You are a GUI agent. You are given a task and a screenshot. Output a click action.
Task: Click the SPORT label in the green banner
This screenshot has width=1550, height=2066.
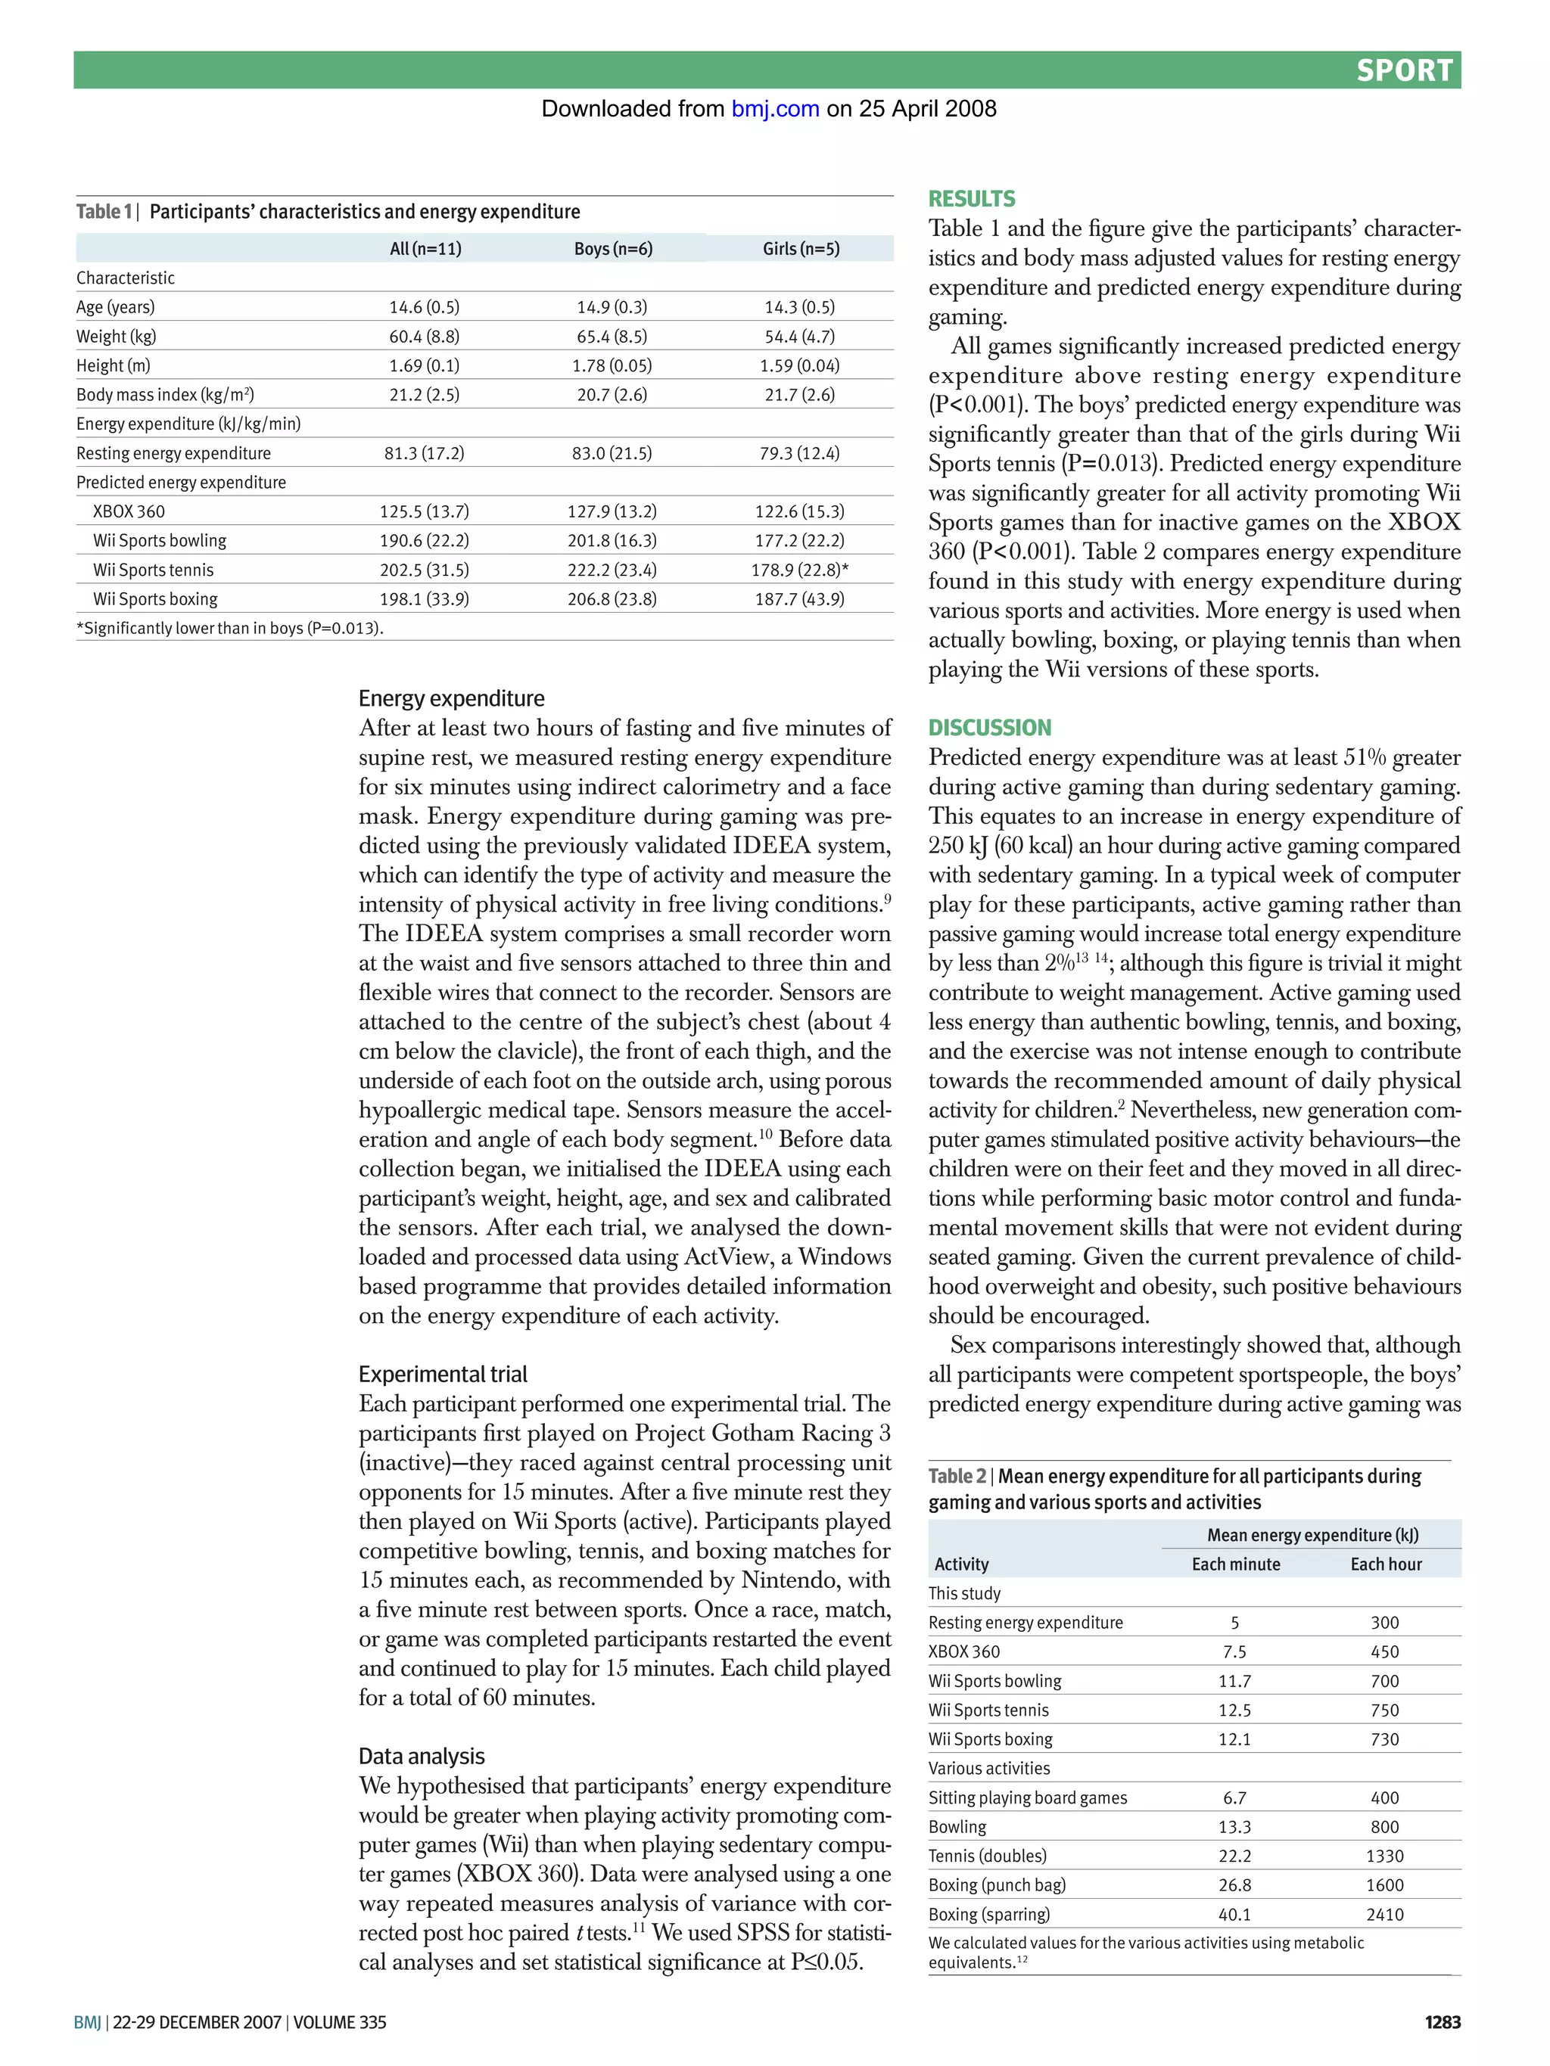coord(1403,71)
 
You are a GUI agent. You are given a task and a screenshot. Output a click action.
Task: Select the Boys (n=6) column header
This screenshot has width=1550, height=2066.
coord(612,248)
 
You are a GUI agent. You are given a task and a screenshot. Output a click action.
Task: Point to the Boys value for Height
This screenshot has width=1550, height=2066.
coord(612,365)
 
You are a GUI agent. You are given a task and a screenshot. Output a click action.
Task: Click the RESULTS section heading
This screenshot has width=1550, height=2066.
coord(971,199)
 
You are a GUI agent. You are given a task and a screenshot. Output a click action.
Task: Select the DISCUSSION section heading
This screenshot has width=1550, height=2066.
coord(988,728)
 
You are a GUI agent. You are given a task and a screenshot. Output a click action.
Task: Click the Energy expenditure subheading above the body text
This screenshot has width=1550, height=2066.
coord(451,699)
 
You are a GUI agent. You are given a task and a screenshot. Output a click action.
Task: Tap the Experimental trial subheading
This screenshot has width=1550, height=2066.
coord(443,1374)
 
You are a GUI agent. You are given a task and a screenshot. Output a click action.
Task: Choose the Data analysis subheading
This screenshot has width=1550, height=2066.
coord(422,1756)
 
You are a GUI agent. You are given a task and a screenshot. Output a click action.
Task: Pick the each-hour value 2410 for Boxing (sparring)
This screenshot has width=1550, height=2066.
coord(1383,1915)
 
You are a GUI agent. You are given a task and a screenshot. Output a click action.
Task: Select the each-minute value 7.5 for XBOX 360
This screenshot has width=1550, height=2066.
coord(1234,1652)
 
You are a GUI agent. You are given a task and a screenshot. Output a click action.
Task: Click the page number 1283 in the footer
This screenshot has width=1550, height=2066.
coord(1442,2022)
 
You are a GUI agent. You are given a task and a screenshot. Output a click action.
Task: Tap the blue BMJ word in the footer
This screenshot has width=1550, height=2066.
coord(87,2022)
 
